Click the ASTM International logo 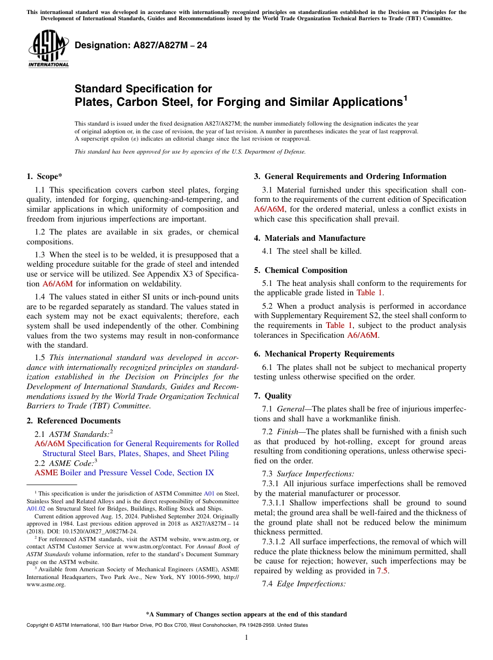pos(48,49)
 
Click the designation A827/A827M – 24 pos(141,45)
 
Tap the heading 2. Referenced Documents pos(74,421)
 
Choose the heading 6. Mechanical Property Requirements pos(324,354)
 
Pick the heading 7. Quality pos(278,396)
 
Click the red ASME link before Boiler pos(46,473)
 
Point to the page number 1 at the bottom pos(246,638)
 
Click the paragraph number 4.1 pos(269,251)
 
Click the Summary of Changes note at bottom pos(246,614)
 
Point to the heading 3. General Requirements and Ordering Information pos(350,176)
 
